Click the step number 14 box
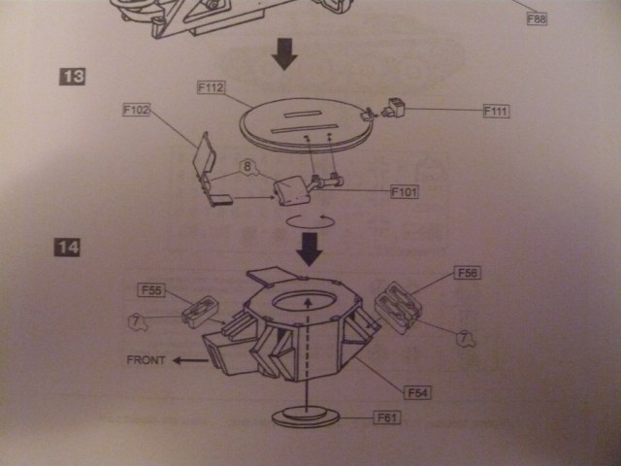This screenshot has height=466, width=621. click(x=67, y=248)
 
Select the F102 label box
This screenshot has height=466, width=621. click(x=137, y=111)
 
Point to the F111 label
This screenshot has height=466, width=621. click(x=495, y=112)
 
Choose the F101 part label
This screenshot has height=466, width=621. click(x=404, y=192)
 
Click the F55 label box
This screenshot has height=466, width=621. click(x=152, y=289)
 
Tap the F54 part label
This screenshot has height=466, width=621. click(x=417, y=392)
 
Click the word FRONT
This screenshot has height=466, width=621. click(x=148, y=360)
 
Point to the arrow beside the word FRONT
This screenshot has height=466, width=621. click(x=190, y=360)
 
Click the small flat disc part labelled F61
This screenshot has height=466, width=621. click(x=305, y=418)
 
